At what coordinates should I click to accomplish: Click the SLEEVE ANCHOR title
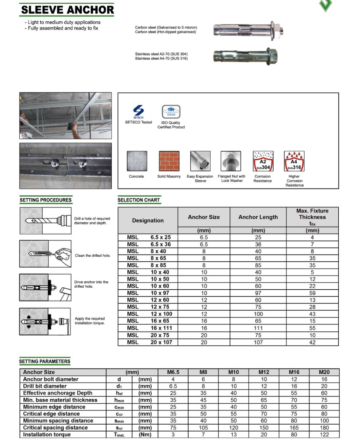click(x=67, y=10)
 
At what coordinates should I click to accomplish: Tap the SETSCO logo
click(x=138, y=112)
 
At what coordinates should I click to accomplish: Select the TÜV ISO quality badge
click(x=171, y=112)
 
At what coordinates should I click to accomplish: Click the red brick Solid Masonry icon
click(x=169, y=161)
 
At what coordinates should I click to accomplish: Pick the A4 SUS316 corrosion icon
click(x=294, y=161)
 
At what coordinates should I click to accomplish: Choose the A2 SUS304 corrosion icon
click(x=263, y=161)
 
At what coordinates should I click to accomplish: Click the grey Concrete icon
click(x=137, y=161)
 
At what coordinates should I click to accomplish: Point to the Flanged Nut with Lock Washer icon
click(x=231, y=161)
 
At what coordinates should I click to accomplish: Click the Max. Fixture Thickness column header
click(x=312, y=217)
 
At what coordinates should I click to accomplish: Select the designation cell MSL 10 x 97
click(x=148, y=293)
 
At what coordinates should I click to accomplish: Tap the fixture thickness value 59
click(x=312, y=293)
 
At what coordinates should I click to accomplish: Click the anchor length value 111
click(x=258, y=328)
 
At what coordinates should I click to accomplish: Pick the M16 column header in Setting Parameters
click(x=294, y=372)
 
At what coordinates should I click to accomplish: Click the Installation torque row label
click(x=47, y=434)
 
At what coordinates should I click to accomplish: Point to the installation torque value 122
click(x=324, y=434)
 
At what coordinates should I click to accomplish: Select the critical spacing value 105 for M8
click(x=203, y=428)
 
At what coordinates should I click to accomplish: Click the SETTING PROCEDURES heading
click(x=45, y=200)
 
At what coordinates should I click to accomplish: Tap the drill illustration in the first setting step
click(x=46, y=221)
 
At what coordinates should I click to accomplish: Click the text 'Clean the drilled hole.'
click(x=93, y=255)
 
